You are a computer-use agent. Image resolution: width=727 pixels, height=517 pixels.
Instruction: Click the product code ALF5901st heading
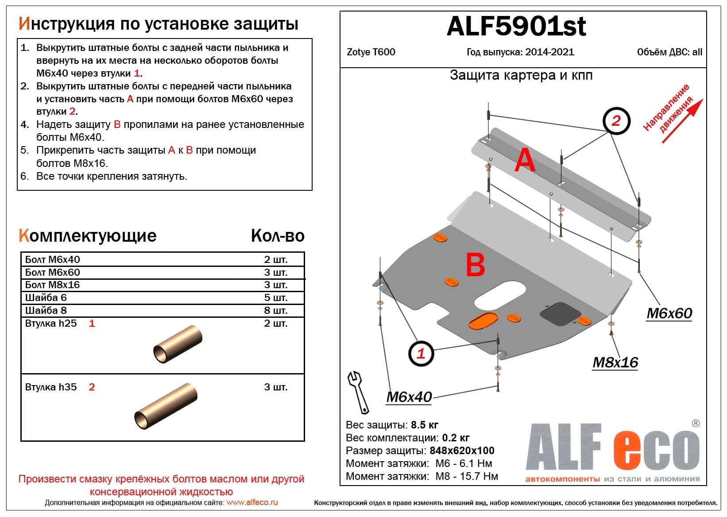pos(516,27)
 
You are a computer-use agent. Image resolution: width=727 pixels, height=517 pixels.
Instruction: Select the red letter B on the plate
pos(476,266)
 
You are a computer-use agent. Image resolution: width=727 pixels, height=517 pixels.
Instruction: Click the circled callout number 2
pos(616,120)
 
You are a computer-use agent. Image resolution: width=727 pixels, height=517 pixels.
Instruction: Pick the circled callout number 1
pos(421,353)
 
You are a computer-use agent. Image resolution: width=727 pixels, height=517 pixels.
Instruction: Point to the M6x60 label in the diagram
pos(669,313)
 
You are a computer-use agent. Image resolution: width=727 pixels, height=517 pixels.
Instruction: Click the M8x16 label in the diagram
pos(615,363)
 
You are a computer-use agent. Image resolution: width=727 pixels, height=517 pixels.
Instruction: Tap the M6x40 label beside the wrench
pos(409,397)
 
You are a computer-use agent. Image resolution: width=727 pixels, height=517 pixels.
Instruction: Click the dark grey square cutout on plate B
pos(560,314)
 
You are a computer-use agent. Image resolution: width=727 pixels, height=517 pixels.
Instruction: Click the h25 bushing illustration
pos(178,344)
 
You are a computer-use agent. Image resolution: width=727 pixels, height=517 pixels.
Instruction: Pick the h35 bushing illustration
pos(166,406)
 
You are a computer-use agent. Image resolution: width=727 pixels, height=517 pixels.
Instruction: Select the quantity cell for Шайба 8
pos(275,310)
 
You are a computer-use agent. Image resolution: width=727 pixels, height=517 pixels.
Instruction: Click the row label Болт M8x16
pos(52,285)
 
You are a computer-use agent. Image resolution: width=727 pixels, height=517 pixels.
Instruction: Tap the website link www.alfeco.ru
pos(252,502)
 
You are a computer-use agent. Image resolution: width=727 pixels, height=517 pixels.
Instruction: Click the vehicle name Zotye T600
pos(371,52)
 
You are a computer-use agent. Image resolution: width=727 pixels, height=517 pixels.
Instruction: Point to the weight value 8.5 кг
pos(424,425)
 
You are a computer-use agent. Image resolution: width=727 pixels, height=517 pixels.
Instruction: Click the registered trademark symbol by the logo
pos(696,424)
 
